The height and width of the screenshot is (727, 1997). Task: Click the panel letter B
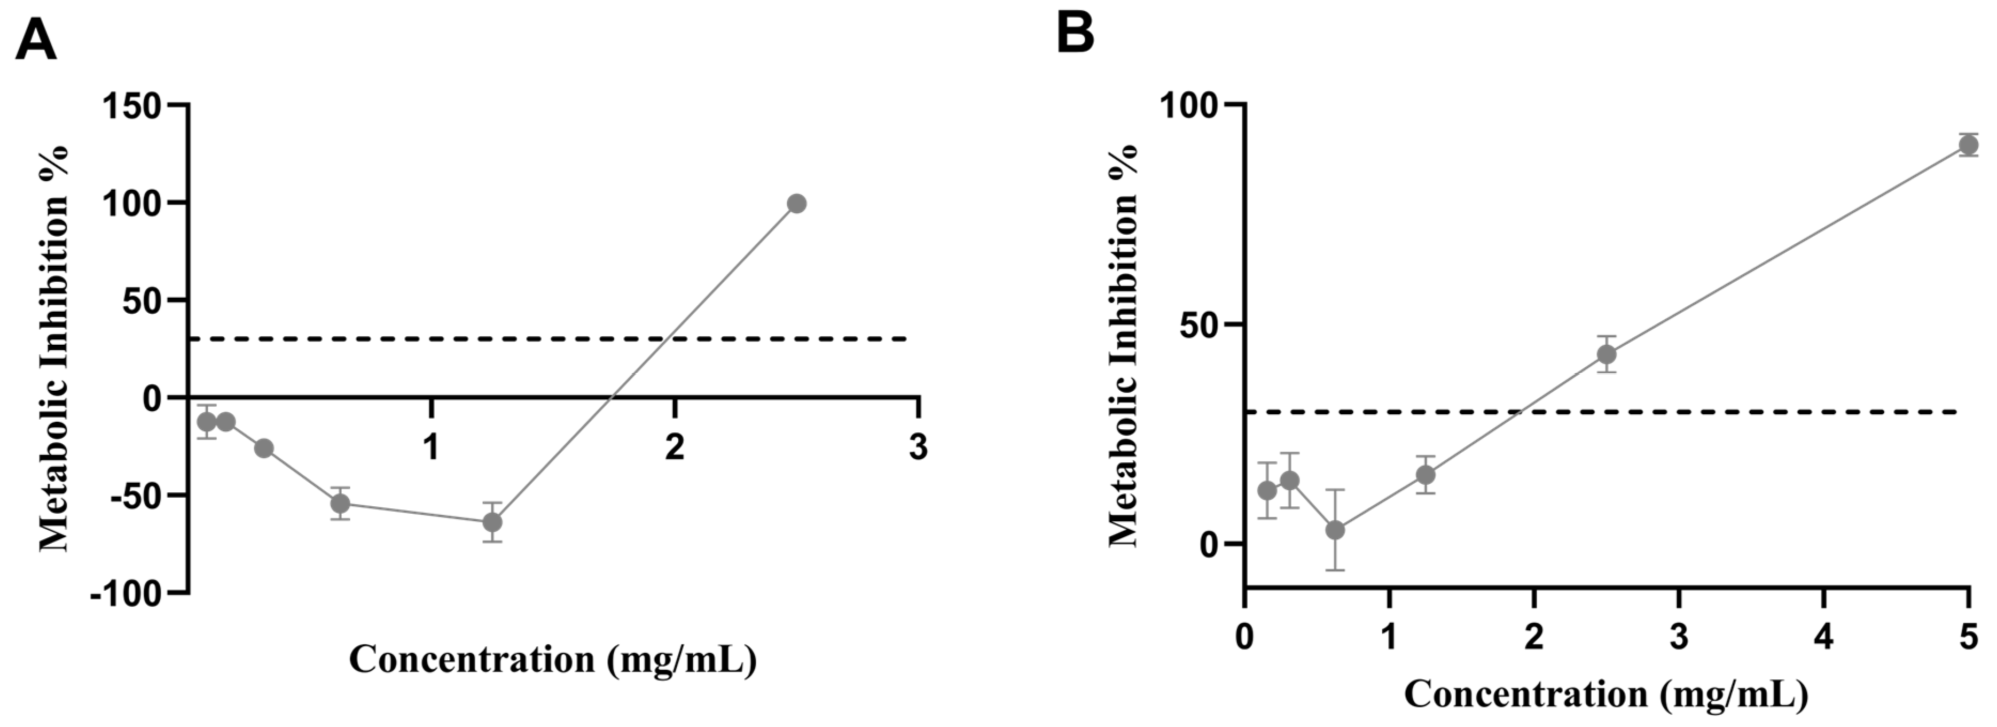[1076, 33]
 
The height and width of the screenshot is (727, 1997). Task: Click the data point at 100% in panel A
[796, 203]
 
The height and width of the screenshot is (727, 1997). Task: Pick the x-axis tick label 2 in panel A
[675, 447]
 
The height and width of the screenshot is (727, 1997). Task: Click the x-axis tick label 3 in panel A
[918, 447]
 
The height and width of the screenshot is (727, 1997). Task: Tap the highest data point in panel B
[1968, 145]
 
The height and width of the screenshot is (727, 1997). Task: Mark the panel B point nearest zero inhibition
[1335, 530]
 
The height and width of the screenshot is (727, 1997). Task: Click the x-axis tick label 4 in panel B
[1823, 638]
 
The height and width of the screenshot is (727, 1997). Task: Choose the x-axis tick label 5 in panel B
[1968, 638]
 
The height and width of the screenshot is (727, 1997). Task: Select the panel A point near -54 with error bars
[340, 504]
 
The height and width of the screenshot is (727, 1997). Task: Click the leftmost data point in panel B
[1267, 490]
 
